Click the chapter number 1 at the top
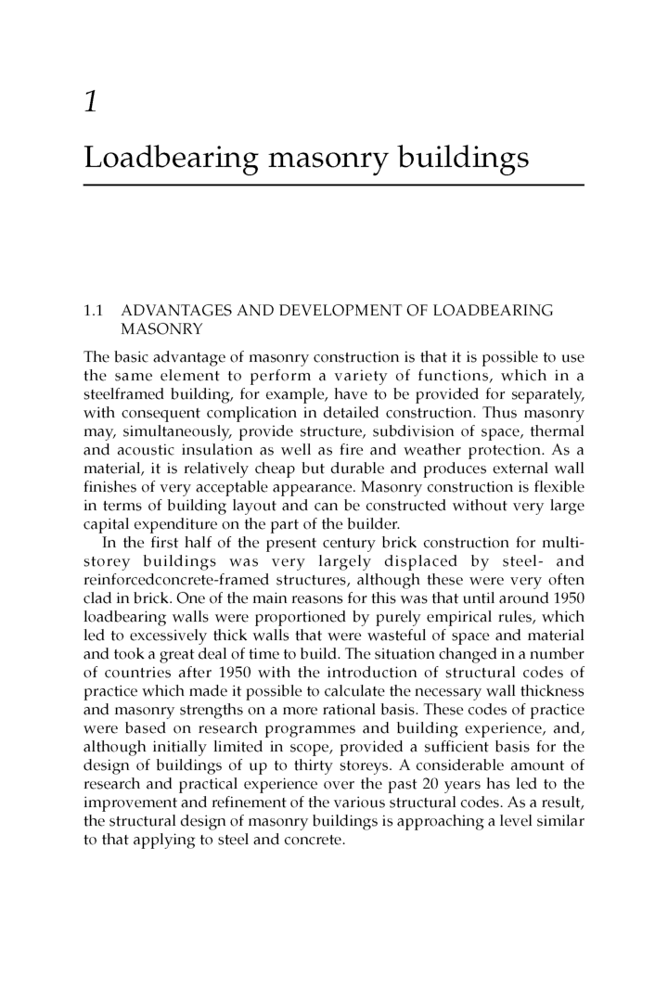pos(91,101)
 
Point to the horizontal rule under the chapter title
pos(334,186)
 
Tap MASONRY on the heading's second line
pos(158,328)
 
